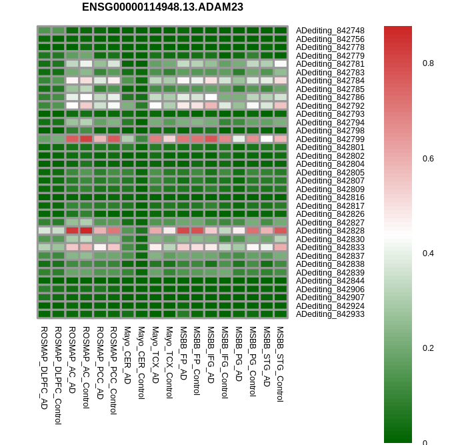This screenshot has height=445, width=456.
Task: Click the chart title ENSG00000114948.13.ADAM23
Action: [162, 7]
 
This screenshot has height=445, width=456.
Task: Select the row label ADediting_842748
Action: [330, 31]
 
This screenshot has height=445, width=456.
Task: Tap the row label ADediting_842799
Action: [330, 139]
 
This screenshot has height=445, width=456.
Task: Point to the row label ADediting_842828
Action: [330, 230]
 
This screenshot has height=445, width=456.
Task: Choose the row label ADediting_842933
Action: [330, 314]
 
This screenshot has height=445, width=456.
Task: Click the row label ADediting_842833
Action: [330, 247]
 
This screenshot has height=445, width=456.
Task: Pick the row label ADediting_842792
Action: [330, 105]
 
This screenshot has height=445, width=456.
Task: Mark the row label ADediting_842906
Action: [330, 289]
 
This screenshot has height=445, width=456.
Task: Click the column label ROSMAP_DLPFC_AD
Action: [44, 368]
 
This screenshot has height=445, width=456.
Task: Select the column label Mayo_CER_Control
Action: [141, 362]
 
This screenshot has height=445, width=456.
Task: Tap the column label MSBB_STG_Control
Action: [280, 364]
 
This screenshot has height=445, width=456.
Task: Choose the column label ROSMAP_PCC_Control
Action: [113, 370]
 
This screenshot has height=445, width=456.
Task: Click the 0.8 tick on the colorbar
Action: [428, 63]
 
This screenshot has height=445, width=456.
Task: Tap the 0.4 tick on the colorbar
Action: [428, 254]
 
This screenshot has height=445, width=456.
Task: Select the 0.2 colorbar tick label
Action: [428, 348]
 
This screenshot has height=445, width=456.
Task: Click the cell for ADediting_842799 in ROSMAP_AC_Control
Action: [86, 139]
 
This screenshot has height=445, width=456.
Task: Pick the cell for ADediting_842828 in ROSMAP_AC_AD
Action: [72, 230]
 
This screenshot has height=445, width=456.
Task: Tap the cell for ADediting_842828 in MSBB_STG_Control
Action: [280, 230]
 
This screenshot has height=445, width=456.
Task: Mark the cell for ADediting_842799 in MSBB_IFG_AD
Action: [211, 139]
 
